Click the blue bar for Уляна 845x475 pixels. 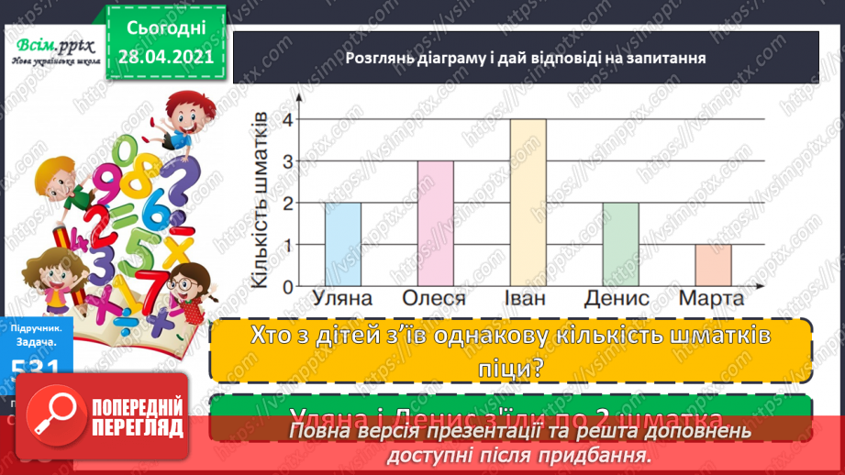342,244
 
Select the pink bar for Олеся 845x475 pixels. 435,223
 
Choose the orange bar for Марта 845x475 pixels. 713,265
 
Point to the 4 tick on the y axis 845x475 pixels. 287,119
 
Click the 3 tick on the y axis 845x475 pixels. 287,161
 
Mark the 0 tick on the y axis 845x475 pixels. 287,286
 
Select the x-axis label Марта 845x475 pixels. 711,300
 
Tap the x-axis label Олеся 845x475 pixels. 434,300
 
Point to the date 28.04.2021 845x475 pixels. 166,56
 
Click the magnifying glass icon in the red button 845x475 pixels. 53,418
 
